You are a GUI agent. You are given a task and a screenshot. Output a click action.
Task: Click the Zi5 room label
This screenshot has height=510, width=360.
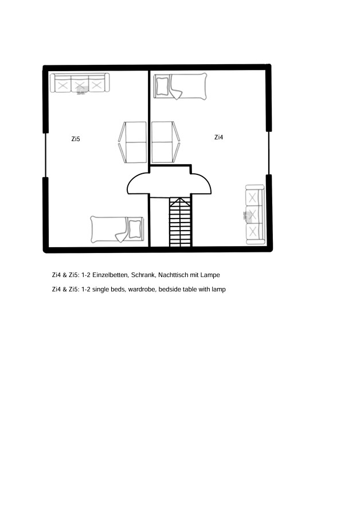pyautogui.click(x=76, y=139)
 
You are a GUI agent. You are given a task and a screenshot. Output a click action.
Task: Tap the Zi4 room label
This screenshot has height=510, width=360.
pyautogui.click(x=218, y=137)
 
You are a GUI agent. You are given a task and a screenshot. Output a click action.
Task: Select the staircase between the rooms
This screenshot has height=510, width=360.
pyautogui.click(x=181, y=221)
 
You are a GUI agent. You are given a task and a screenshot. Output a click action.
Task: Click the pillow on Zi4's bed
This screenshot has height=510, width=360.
pyautogui.click(x=162, y=86)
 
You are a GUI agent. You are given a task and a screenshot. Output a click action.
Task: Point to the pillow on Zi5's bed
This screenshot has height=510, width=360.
pyautogui.click(x=135, y=229)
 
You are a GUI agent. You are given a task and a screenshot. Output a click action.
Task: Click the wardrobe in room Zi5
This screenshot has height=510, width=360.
pyautogui.click(x=132, y=142)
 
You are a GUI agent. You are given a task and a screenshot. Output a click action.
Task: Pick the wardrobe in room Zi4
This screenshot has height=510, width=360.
pyautogui.click(x=165, y=142)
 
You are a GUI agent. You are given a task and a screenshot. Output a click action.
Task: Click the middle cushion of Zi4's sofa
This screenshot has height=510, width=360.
pyautogui.click(x=253, y=215)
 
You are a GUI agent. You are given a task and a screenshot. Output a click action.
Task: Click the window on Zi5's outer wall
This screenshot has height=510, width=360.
pyautogui.click(x=45, y=155)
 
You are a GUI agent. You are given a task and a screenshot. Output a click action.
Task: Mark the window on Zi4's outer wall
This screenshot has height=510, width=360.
pyautogui.click(x=269, y=153)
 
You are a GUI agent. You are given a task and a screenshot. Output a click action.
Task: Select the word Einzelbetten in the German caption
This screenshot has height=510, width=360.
pyautogui.click(x=111, y=275)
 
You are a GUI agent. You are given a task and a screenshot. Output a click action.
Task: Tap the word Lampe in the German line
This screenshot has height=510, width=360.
pyautogui.click(x=210, y=275)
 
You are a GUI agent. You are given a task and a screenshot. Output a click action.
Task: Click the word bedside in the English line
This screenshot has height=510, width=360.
pyautogui.click(x=170, y=290)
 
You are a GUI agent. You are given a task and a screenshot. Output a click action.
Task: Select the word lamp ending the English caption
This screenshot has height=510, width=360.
pyautogui.click(x=218, y=290)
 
